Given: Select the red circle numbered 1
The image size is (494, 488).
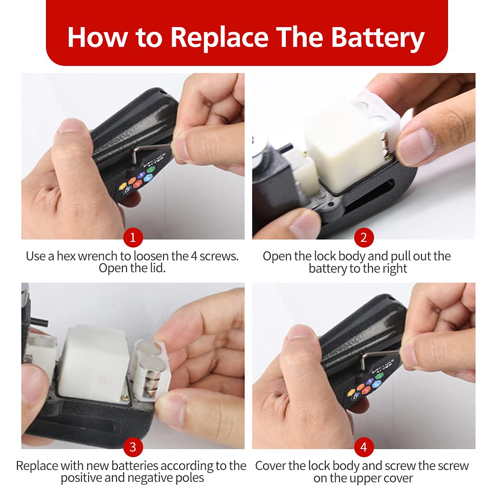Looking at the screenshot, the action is (x=133, y=238).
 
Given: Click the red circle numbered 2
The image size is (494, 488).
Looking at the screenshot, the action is (x=364, y=238).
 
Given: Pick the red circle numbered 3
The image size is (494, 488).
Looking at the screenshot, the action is (x=133, y=447).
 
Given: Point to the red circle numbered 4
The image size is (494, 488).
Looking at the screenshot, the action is (x=364, y=447).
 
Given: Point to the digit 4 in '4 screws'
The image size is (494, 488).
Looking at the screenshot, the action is (x=194, y=256).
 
